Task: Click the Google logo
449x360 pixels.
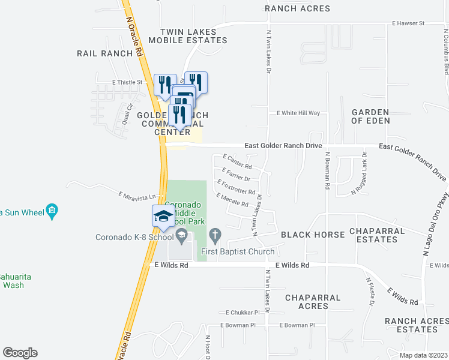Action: coord(20,353)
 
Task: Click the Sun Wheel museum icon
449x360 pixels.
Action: coord(52,211)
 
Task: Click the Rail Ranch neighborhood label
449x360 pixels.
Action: coord(104,53)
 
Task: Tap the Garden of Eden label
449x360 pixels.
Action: coord(371,116)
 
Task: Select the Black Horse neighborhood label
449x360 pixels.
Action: coord(313,235)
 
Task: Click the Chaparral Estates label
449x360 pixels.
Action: coord(373,235)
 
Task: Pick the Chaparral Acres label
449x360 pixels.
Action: coord(313,302)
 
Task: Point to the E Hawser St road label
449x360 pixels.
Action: coord(408,23)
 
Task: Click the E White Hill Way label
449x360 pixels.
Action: coord(298,113)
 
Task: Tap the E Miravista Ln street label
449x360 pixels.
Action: coord(137,196)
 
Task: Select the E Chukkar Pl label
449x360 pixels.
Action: coord(243,313)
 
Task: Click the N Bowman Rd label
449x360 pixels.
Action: coord(328,171)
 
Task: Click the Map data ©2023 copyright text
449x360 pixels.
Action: coord(423,355)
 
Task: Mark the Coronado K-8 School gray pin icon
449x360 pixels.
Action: coord(190,237)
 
